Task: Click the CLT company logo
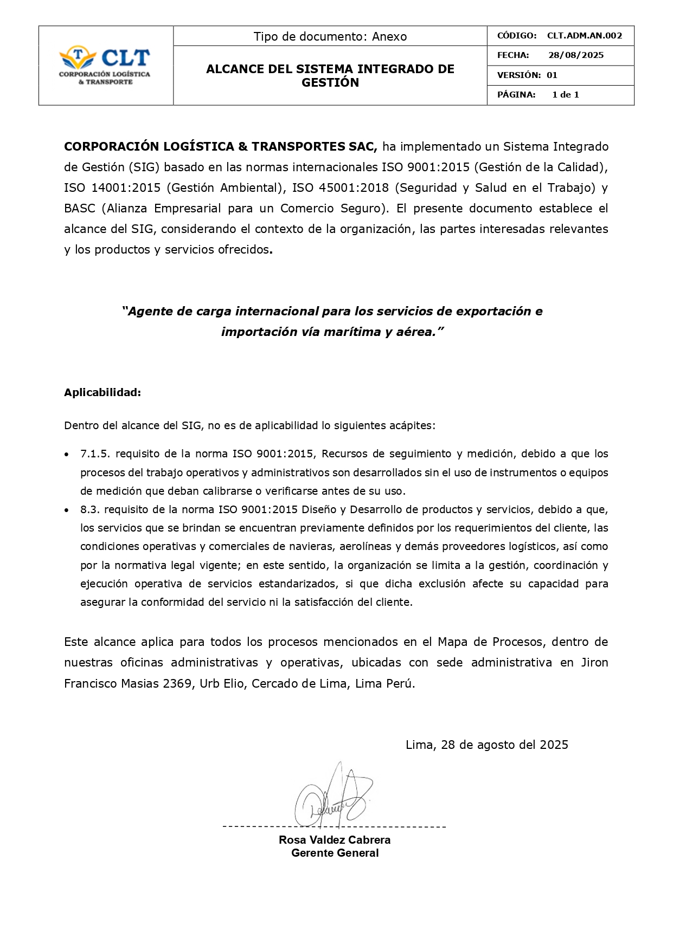point(105,65)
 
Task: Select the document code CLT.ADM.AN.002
point(584,36)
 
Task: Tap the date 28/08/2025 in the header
point(575,55)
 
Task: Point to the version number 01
point(552,75)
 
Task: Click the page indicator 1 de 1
point(565,95)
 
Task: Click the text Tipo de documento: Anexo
point(330,36)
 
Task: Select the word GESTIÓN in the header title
point(330,83)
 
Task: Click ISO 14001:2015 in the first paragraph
point(112,188)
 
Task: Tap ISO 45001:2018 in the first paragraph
point(340,188)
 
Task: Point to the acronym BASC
point(79,209)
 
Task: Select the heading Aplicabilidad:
point(102,392)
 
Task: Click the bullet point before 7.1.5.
point(67,454)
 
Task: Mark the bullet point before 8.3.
point(67,510)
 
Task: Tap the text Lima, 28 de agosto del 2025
point(486,745)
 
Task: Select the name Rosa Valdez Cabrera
point(335,840)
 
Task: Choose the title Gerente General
point(335,853)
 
